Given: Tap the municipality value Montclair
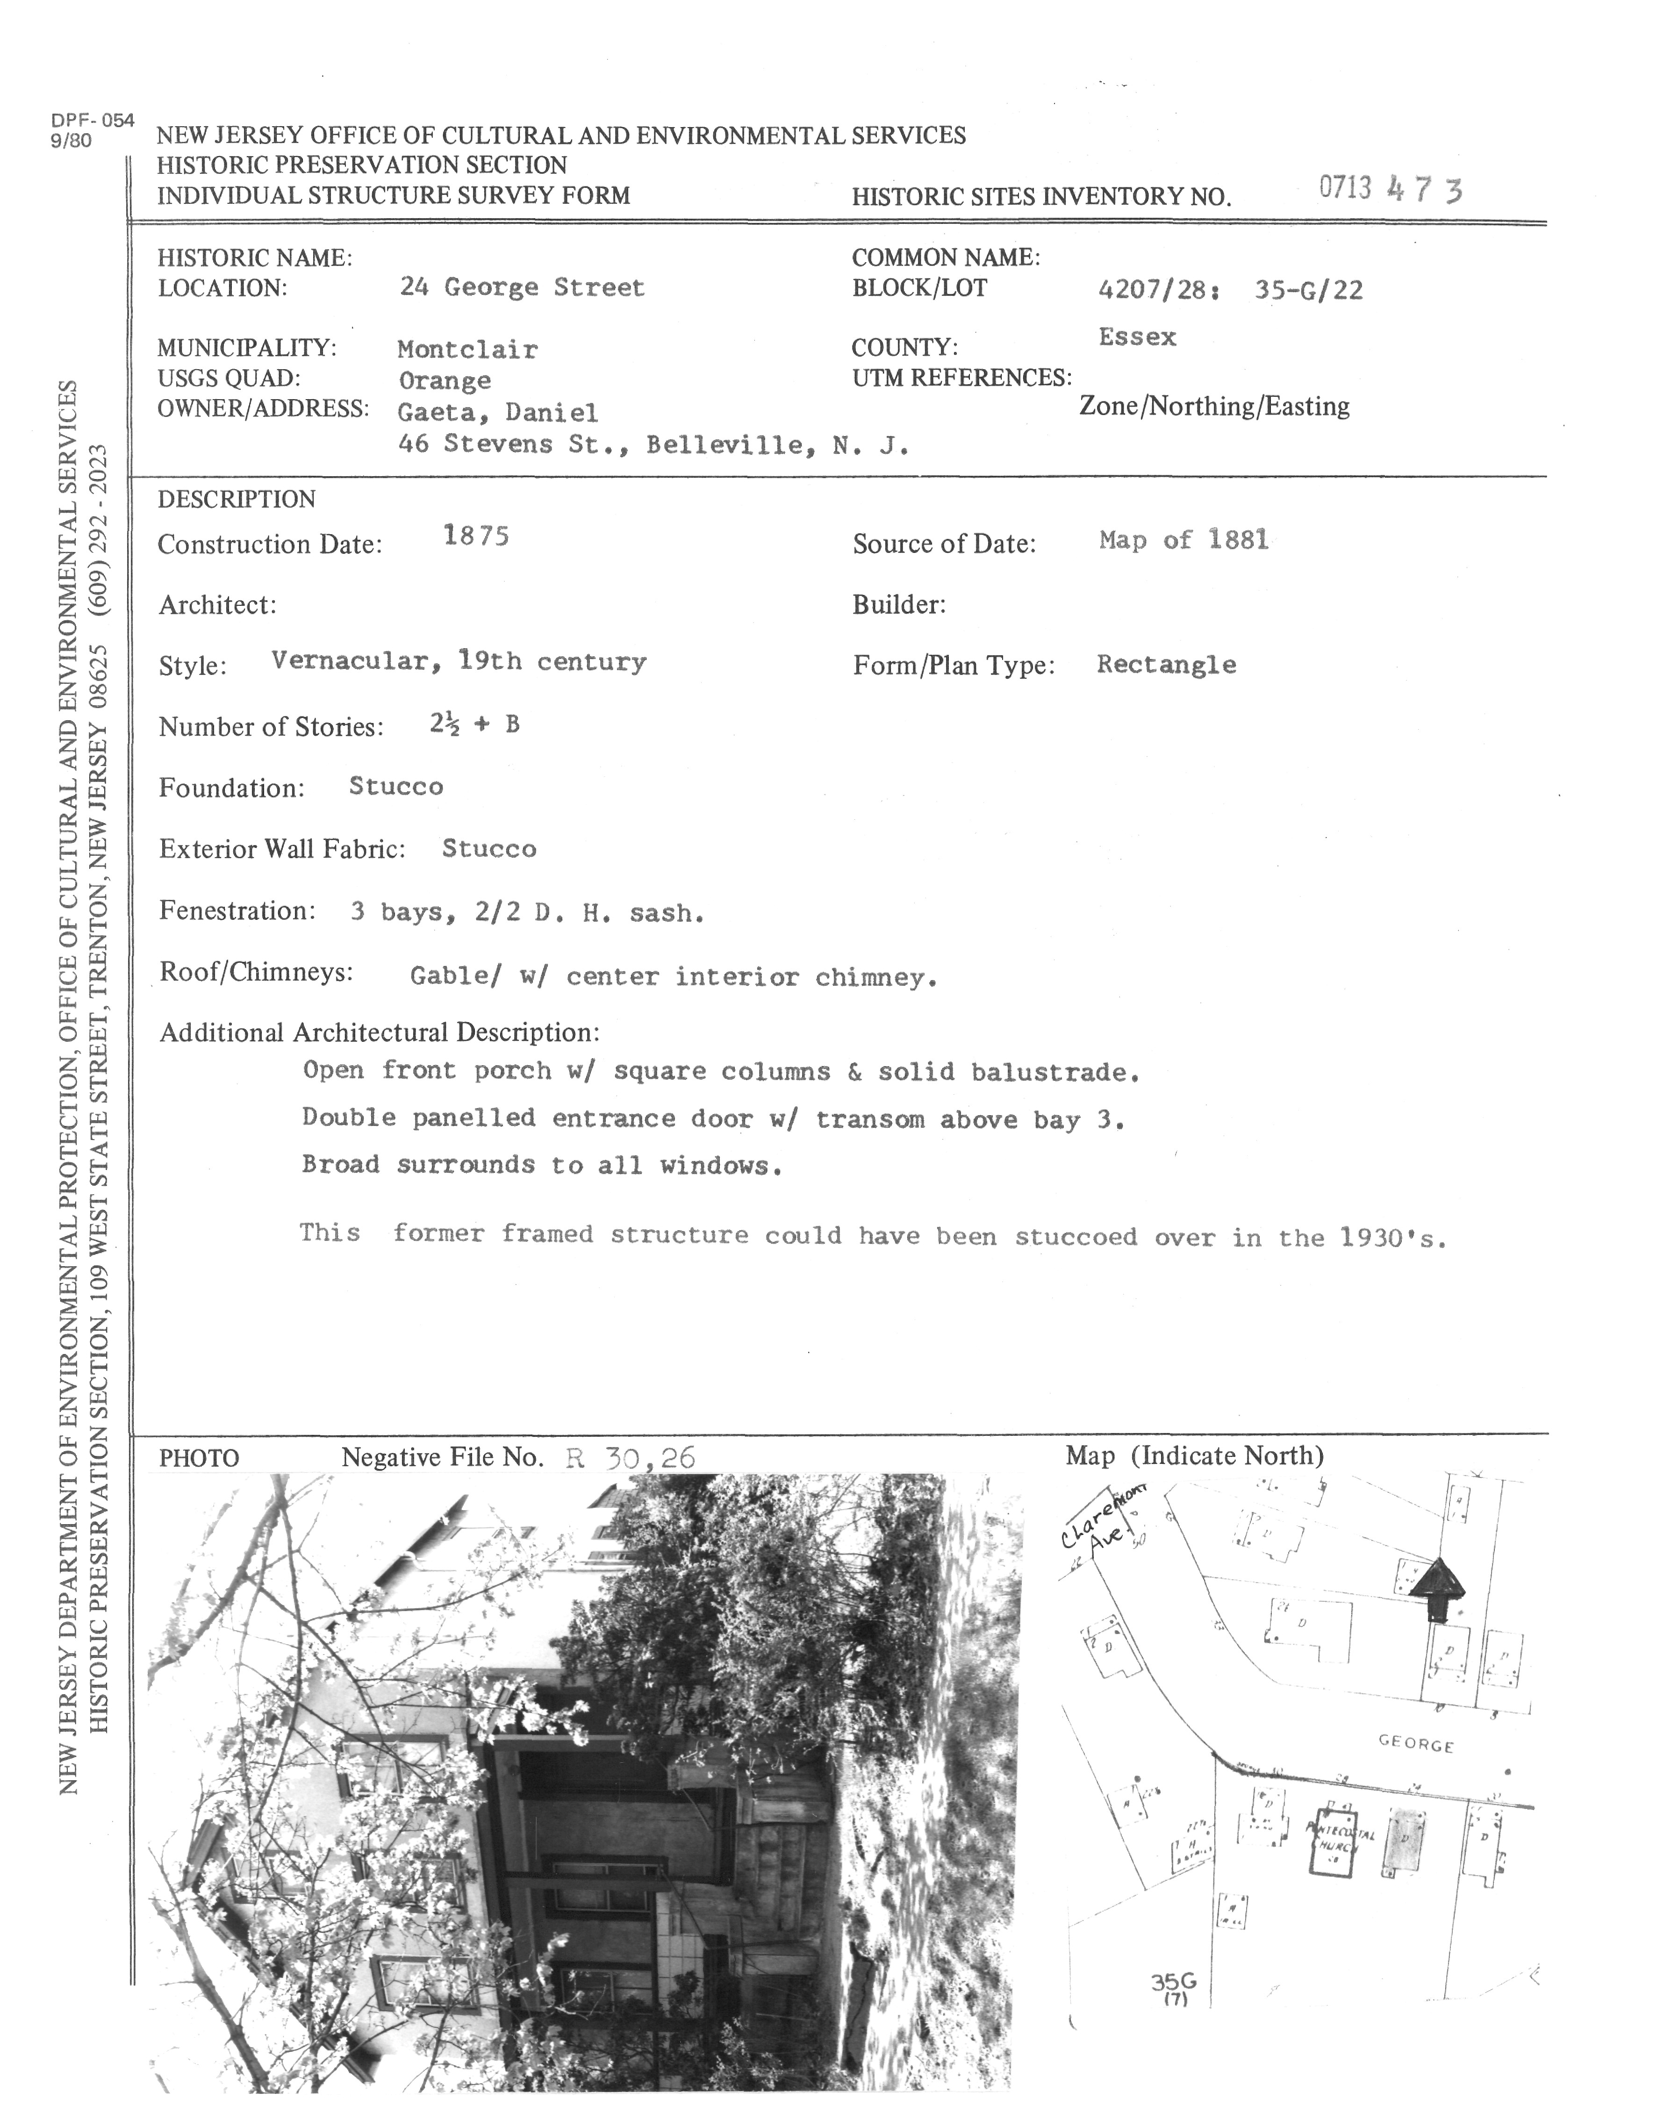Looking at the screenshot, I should (x=467, y=349).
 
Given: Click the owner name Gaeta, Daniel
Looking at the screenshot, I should (x=498, y=413).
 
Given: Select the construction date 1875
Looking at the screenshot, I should (x=476, y=536).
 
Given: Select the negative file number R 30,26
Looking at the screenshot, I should (x=631, y=1457).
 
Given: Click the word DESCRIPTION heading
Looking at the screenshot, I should (x=237, y=499).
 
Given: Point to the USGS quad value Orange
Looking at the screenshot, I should (x=444, y=381).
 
